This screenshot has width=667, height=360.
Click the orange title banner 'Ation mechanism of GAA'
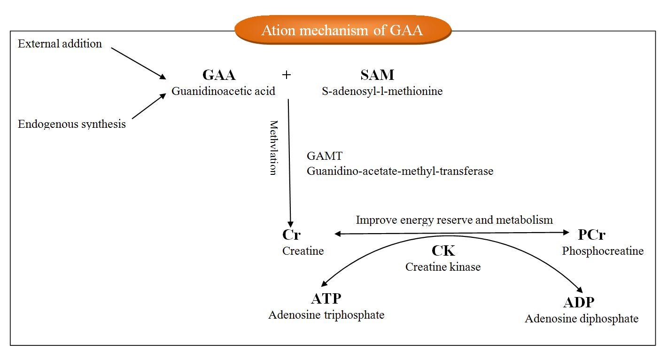click(342, 30)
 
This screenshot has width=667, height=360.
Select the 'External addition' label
click(60, 44)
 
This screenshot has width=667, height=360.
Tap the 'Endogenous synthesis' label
click(72, 124)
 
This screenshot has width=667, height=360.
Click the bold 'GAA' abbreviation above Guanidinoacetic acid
click(219, 75)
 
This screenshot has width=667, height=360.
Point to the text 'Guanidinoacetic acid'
click(223, 91)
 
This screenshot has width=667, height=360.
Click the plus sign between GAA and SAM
click(286, 75)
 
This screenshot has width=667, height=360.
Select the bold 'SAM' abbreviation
click(377, 75)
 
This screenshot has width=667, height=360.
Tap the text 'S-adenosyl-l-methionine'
click(382, 91)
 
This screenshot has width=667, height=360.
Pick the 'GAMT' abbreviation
click(325, 156)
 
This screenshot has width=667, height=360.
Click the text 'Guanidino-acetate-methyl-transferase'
click(400, 171)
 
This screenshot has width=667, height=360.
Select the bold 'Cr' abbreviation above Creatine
click(291, 235)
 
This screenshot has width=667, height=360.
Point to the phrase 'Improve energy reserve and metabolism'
click(454, 219)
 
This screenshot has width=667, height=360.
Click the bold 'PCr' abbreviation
click(592, 235)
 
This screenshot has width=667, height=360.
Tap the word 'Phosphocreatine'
click(603, 251)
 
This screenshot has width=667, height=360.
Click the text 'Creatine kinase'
click(443, 267)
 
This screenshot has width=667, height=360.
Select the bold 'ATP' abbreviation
click(326, 298)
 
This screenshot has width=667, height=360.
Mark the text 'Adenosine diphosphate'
click(582, 319)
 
